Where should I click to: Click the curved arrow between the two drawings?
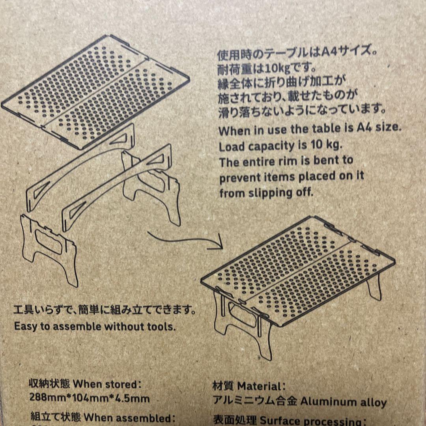point(185,239)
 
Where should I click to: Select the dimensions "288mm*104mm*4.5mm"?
point(90,398)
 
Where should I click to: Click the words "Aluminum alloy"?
point(344,402)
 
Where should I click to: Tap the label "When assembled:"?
point(129,417)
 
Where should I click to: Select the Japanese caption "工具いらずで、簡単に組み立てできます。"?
point(104,310)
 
